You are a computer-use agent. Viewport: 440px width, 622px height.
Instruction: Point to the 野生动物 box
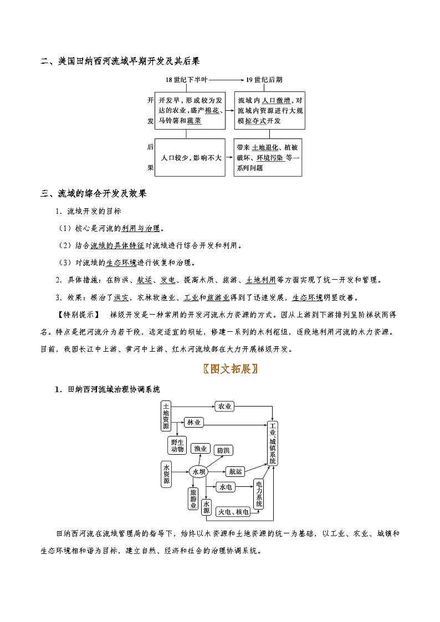click(x=177, y=445)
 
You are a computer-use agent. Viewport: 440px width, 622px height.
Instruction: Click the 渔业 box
click(x=200, y=449)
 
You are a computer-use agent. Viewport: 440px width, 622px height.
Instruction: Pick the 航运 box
click(x=235, y=471)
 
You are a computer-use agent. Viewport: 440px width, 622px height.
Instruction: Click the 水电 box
click(x=226, y=487)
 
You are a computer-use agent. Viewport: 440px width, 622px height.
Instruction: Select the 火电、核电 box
click(x=233, y=512)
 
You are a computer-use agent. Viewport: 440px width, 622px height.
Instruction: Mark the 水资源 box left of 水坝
click(x=166, y=474)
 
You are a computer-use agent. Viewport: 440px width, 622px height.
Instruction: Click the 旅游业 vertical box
click(x=193, y=498)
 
